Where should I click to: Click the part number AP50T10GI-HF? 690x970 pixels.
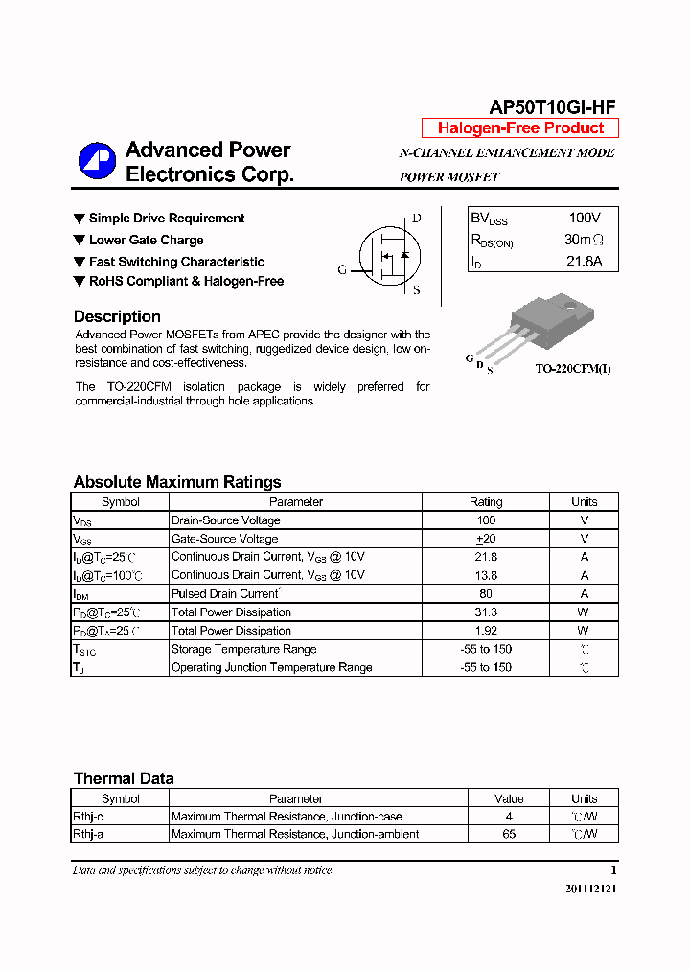click(x=552, y=107)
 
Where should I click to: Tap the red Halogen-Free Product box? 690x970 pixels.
click(x=520, y=128)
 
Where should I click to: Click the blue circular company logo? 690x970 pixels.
click(x=97, y=161)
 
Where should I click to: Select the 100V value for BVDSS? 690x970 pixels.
click(x=584, y=219)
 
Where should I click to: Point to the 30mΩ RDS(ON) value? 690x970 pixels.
click(x=584, y=240)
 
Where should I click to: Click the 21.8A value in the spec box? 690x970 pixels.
click(x=584, y=261)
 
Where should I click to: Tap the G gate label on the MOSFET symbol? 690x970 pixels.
click(x=342, y=269)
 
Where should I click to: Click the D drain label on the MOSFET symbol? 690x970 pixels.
click(x=416, y=219)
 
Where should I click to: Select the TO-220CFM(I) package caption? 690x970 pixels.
click(x=572, y=369)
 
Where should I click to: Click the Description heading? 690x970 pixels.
click(x=117, y=316)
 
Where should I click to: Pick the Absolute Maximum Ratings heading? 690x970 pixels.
click(x=177, y=482)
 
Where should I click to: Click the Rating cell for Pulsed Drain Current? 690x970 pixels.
click(x=486, y=593)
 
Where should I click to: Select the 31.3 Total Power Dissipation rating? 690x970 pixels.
click(x=486, y=612)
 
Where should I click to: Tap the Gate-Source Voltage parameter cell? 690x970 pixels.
click(x=224, y=539)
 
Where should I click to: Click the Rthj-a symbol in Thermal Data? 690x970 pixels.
click(x=88, y=834)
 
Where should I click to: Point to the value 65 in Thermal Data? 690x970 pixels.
click(x=509, y=834)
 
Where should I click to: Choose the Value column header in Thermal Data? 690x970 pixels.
click(x=509, y=798)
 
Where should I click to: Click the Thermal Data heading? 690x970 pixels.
click(x=124, y=778)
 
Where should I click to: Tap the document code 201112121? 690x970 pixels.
click(x=591, y=889)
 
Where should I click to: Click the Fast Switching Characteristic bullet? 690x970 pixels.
click(x=176, y=262)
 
